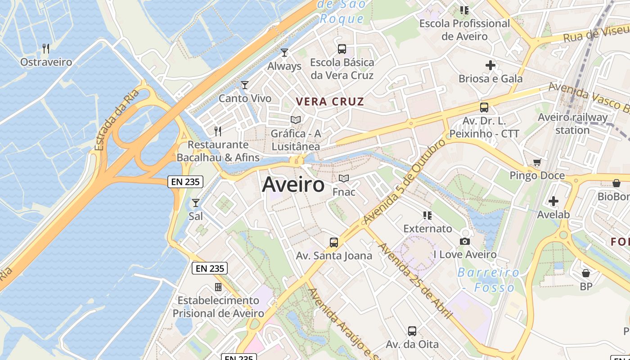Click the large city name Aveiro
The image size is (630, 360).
(x=293, y=184)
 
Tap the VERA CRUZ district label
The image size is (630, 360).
(x=330, y=102)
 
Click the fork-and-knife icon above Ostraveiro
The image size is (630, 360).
(x=46, y=49)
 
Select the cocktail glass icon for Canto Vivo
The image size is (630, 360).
(x=245, y=85)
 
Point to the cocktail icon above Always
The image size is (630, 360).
(x=284, y=53)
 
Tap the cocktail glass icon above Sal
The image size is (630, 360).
(x=196, y=203)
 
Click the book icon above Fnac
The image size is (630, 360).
(x=344, y=179)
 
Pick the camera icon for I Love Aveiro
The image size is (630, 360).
(x=465, y=242)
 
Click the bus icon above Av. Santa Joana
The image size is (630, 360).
(x=334, y=243)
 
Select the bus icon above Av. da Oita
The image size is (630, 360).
(x=412, y=331)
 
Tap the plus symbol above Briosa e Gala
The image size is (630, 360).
(x=490, y=66)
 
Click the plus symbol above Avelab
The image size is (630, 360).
(x=553, y=201)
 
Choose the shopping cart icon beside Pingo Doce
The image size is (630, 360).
(x=537, y=162)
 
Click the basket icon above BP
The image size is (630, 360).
(x=586, y=273)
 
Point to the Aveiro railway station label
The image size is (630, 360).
(x=572, y=124)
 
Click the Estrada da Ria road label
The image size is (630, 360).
(x=116, y=120)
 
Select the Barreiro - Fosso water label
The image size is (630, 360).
(x=489, y=280)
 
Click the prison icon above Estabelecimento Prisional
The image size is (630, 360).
(x=218, y=287)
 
